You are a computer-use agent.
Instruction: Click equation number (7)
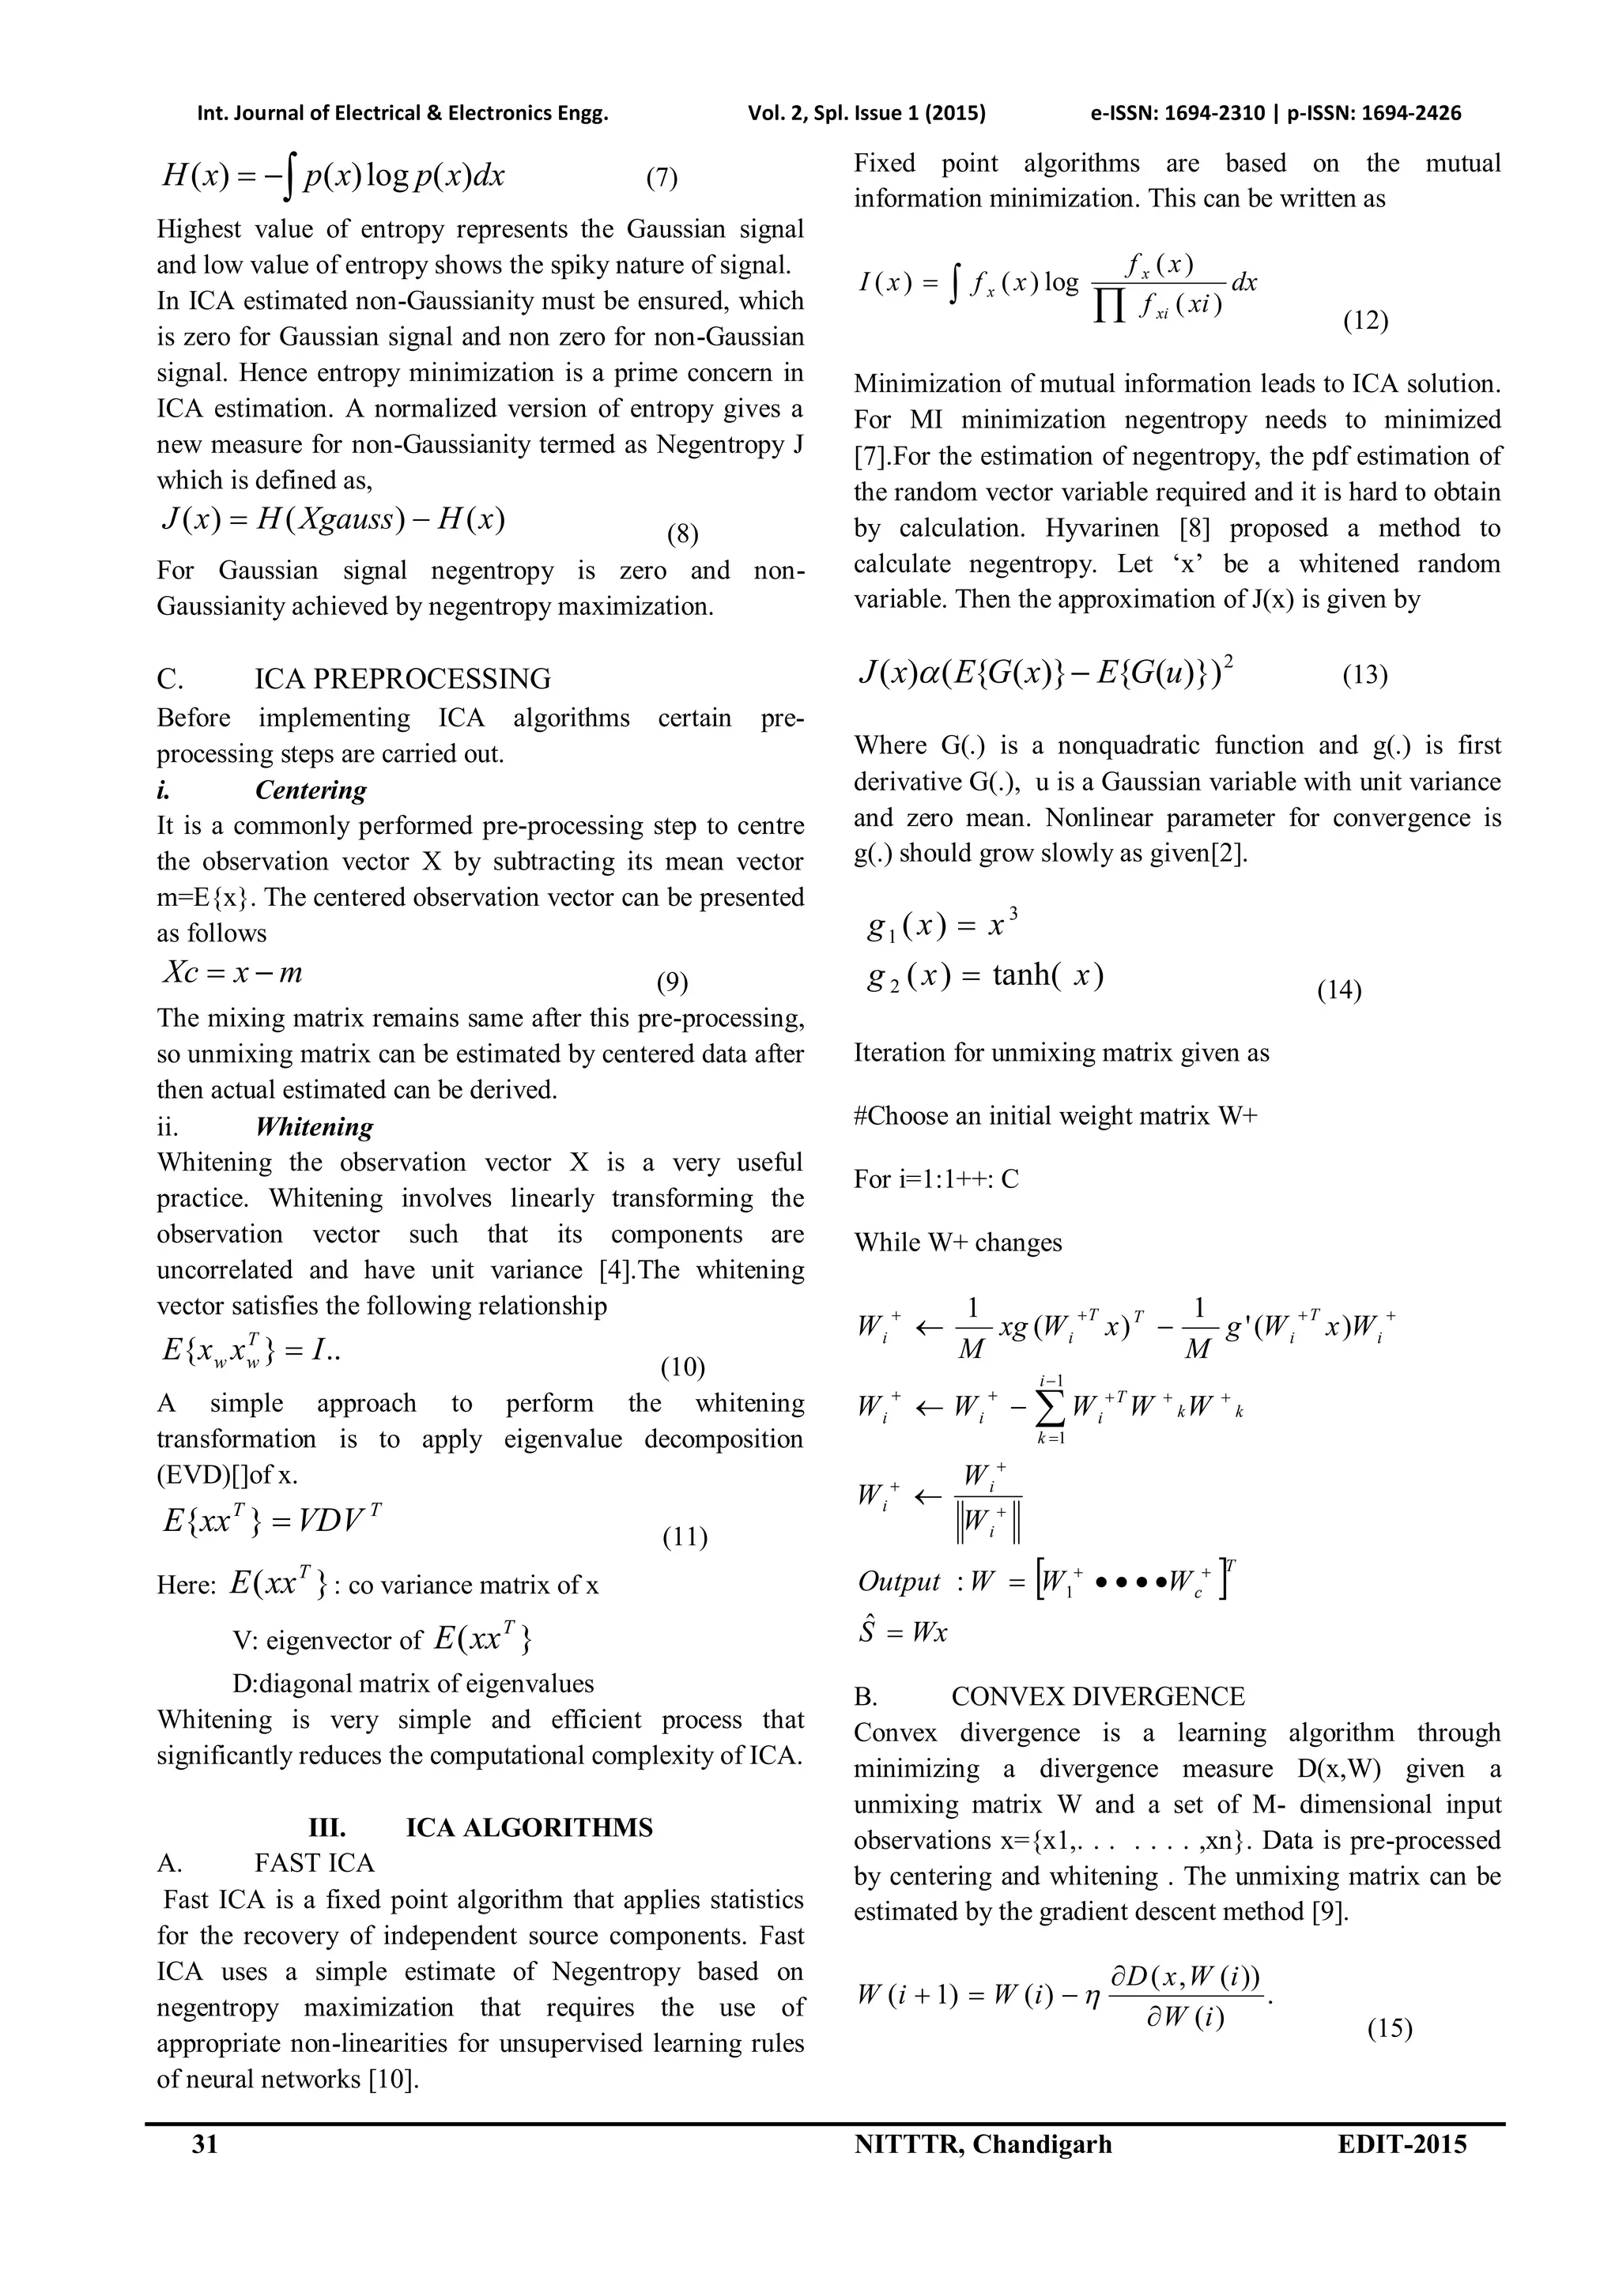662,179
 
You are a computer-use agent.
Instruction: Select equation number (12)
1364,321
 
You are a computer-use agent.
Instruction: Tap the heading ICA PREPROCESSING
402,679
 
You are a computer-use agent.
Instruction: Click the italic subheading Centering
311,790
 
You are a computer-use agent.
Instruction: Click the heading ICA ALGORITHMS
530,1827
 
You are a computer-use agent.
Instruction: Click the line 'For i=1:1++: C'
936,1179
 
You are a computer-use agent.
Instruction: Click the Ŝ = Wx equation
902,1632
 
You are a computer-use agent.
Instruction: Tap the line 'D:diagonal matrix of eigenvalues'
413,1684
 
